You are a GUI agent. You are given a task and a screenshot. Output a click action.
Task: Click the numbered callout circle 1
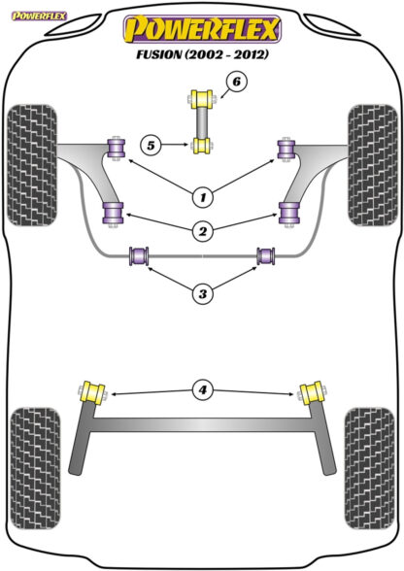point(203,197)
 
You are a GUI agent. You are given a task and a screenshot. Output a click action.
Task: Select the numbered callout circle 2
point(203,231)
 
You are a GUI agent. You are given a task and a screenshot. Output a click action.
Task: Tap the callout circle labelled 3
point(203,293)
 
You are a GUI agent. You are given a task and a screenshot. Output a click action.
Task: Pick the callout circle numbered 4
point(203,390)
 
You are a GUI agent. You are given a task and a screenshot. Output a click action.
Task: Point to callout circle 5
point(151,146)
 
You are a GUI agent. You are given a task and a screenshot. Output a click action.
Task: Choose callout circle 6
point(236,82)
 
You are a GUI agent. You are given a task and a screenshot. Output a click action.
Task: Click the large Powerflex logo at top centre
point(202,29)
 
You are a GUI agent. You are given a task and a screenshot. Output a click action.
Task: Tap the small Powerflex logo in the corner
point(39,16)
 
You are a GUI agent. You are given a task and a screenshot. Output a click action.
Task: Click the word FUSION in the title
point(159,54)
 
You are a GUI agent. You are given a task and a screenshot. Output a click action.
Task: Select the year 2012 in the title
point(251,54)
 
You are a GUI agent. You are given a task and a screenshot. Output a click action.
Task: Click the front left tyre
point(32,165)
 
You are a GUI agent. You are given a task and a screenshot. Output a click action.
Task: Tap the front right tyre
point(372,165)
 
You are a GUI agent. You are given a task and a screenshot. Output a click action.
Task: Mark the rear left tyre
point(35,469)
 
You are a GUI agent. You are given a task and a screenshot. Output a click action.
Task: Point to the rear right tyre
point(369,469)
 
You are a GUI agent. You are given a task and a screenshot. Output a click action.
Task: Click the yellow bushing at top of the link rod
point(202,99)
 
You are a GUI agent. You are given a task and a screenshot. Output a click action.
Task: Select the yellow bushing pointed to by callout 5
point(202,146)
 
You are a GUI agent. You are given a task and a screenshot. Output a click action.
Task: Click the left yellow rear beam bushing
point(92,393)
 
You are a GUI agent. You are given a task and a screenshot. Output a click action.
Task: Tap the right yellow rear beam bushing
point(312,392)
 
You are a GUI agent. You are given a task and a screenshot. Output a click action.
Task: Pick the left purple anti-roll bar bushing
point(140,255)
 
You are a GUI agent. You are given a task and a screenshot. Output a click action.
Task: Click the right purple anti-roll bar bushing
point(266,255)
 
